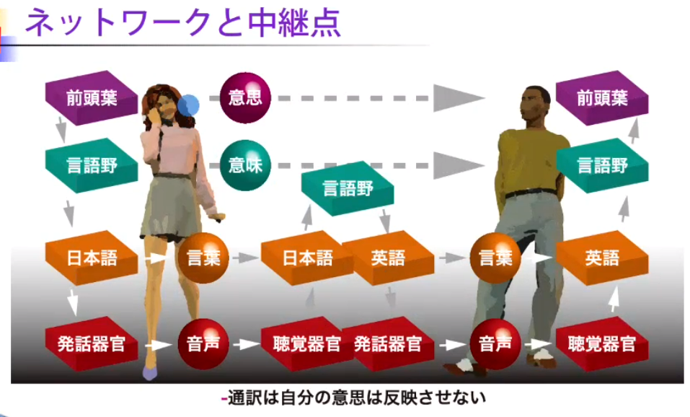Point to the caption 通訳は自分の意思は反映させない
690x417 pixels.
[x=353, y=398]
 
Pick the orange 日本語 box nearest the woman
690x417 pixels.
[x=91, y=258]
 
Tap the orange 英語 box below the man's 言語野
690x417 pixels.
[x=602, y=258]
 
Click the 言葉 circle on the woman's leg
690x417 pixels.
[x=203, y=258]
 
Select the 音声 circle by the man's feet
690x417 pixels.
[x=496, y=343]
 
